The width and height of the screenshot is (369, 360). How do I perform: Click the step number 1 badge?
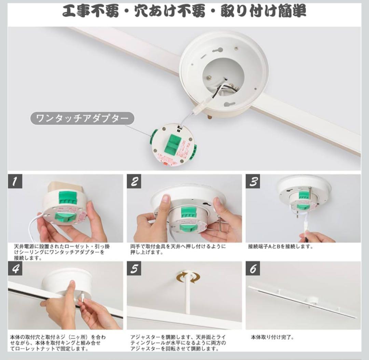[15, 182]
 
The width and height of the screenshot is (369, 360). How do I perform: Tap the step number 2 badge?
[134, 182]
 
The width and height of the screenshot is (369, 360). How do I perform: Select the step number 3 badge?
[253, 182]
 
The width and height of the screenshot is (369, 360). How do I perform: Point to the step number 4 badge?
[15, 269]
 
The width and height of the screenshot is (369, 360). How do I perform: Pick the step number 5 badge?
[134, 269]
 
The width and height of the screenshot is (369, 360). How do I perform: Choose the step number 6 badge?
[253, 269]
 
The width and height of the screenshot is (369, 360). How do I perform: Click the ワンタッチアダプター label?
[82, 118]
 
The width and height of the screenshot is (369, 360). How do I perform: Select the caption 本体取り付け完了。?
[272, 337]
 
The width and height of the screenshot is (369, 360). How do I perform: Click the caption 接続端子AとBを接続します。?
[281, 246]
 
